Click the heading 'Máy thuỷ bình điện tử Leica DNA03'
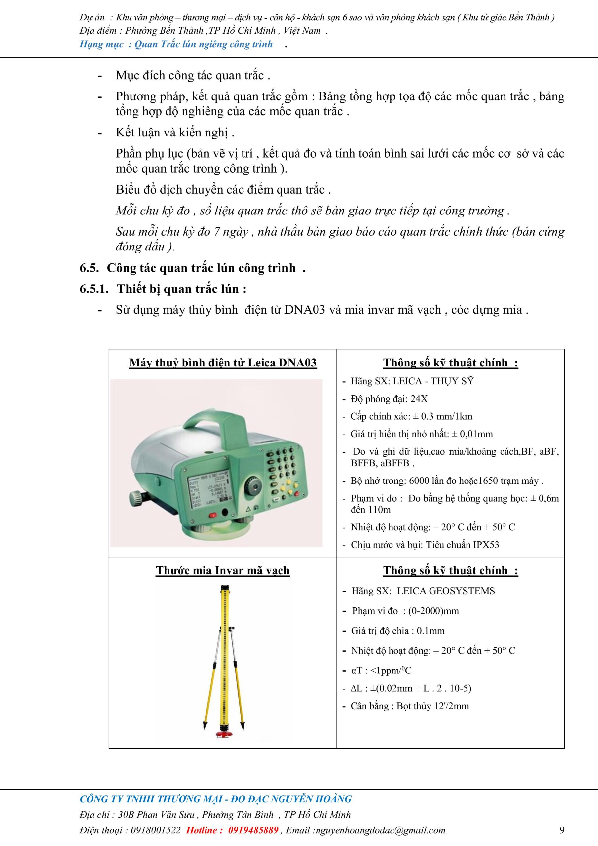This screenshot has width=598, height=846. pyautogui.click(x=223, y=363)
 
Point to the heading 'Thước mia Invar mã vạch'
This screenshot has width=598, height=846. pyautogui.click(x=223, y=570)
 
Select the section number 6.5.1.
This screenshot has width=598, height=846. pyautogui.click(x=94, y=289)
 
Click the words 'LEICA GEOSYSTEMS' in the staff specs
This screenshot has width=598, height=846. pyautogui.click(x=446, y=591)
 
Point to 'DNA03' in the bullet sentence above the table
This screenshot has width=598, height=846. pyautogui.click(x=305, y=310)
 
